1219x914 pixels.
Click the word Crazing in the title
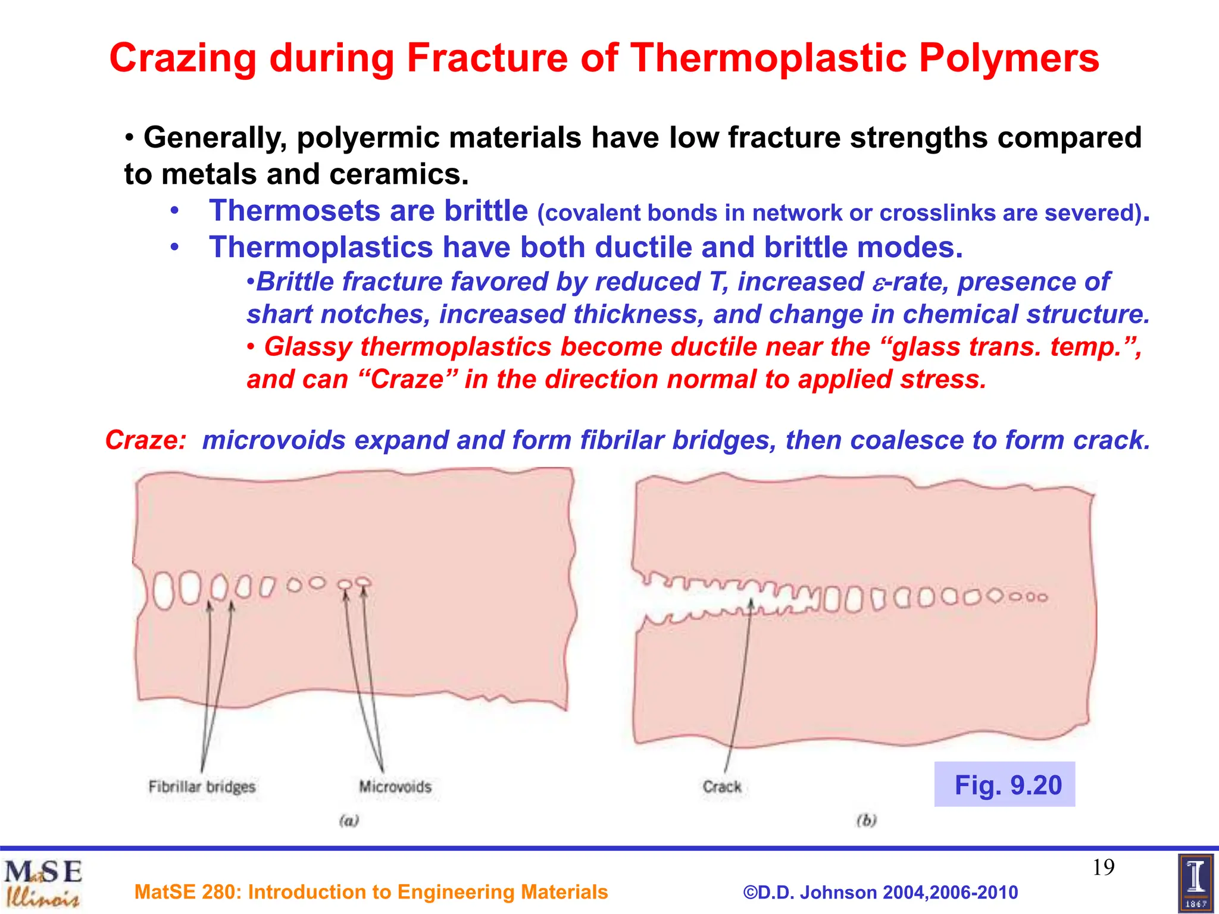coord(183,59)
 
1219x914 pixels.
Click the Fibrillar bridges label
coord(202,787)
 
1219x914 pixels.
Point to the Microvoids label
coord(395,787)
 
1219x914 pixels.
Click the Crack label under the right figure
coord(722,787)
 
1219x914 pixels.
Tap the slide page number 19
coord(1103,868)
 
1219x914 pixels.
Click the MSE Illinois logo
coord(43,883)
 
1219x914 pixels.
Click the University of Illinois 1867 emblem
coord(1195,883)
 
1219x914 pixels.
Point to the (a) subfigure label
coord(349,821)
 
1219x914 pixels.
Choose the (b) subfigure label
coord(867,821)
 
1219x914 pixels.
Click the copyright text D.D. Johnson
coord(880,893)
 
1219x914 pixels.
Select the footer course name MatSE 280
coord(371,892)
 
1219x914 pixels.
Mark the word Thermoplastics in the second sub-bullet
coord(321,248)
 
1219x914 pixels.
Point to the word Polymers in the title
coord(1009,59)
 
